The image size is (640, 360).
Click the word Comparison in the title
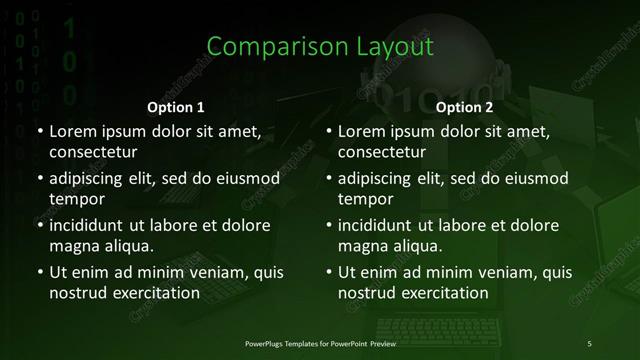pyautogui.click(x=267, y=47)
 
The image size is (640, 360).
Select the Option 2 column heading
pyautogui.click(x=464, y=107)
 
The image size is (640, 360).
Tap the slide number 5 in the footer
pyautogui.click(x=589, y=344)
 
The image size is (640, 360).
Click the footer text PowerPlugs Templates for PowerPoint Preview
pyautogui.click(x=320, y=344)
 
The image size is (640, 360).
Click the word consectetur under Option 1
pyautogui.click(x=93, y=152)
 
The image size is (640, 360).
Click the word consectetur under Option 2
pyautogui.click(x=382, y=152)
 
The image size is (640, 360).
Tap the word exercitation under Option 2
pyautogui.click(x=442, y=294)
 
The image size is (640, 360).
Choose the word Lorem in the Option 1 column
pyautogui.click(x=71, y=132)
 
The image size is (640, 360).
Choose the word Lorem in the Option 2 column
pyautogui.click(x=361, y=132)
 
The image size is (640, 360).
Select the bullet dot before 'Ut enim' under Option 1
pyautogui.click(x=39, y=272)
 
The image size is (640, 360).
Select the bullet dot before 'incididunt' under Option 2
pyautogui.click(x=328, y=225)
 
